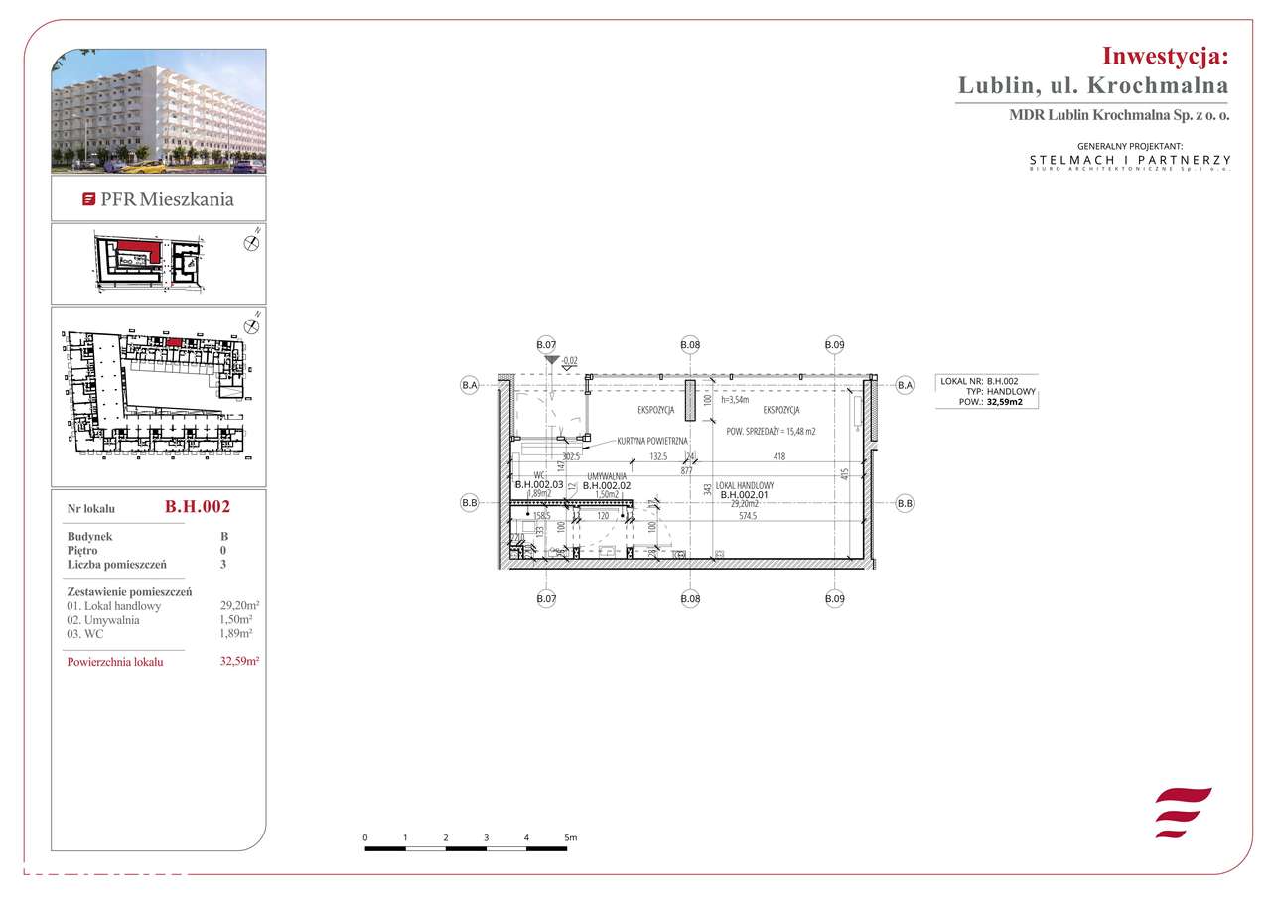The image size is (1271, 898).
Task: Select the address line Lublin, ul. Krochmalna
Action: tap(1093, 85)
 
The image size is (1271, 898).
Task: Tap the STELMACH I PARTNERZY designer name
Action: tap(1130, 160)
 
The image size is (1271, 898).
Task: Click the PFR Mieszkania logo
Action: tap(159, 199)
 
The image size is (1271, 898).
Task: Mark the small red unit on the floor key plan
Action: tap(174, 342)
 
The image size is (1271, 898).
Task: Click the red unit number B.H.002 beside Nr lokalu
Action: tap(198, 507)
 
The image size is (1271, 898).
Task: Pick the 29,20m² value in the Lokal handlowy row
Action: tap(239, 606)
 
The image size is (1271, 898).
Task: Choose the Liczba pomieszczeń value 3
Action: tap(223, 564)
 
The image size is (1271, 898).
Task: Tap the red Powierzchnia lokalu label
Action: tap(114, 662)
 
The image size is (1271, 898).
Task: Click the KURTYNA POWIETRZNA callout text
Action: tap(651, 440)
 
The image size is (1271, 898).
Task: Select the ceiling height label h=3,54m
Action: tap(735, 400)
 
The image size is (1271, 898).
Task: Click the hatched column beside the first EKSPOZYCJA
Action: tap(689, 400)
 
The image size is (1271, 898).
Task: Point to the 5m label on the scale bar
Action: tap(570, 838)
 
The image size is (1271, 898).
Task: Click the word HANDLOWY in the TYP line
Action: tap(1011, 392)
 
